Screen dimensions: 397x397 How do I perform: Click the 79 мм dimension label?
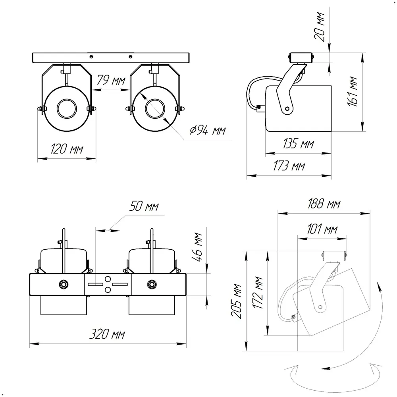(x=111, y=81)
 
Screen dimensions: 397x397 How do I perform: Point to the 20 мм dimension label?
(x=320, y=27)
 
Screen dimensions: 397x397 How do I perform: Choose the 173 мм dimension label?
(x=289, y=166)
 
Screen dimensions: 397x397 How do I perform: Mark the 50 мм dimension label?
(x=144, y=207)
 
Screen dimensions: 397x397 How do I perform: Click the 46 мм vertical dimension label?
(x=198, y=246)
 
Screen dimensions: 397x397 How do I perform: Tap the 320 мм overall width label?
(x=107, y=334)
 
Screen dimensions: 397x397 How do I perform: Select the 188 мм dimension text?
(x=324, y=204)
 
